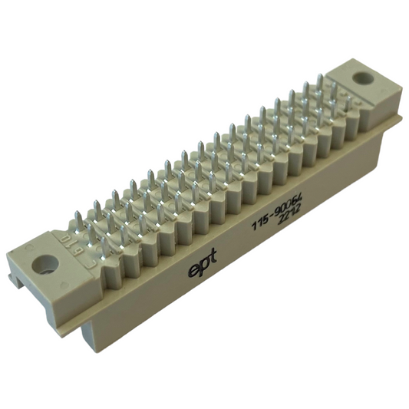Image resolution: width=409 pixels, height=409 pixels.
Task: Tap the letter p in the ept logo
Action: coord(203,267)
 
